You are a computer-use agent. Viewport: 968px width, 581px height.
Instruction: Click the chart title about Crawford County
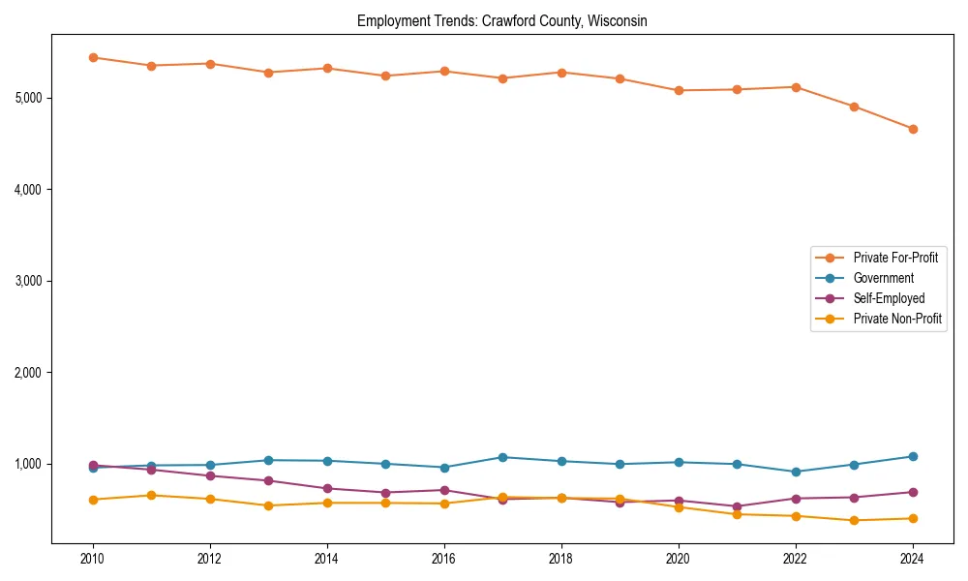pyautogui.click(x=501, y=20)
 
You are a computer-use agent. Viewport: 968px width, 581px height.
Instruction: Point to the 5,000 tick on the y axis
pyautogui.click(x=28, y=98)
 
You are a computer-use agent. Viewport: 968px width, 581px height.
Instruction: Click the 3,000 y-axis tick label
pyautogui.click(x=28, y=281)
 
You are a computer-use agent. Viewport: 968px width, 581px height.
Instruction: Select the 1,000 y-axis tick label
pyautogui.click(x=28, y=464)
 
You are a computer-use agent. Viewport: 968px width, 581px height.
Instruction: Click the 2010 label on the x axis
pyautogui.click(x=93, y=559)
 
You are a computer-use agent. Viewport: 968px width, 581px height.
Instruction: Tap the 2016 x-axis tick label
pyautogui.click(x=444, y=559)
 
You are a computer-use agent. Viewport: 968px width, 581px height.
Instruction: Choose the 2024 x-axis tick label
pyautogui.click(x=913, y=559)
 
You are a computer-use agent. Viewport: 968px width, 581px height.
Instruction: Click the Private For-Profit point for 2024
pyautogui.click(x=913, y=129)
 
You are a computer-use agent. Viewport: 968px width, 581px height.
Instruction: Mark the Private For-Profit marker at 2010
pyautogui.click(x=93, y=57)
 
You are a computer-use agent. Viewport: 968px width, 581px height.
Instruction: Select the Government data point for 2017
pyautogui.click(x=502, y=457)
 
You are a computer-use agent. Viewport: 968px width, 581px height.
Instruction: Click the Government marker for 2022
pyautogui.click(x=796, y=472)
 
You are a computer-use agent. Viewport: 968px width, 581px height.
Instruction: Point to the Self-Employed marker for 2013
pyautogui.click(x=268, y=480)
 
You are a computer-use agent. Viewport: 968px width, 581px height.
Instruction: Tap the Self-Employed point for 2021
pyautogui.click(x=737, y=506)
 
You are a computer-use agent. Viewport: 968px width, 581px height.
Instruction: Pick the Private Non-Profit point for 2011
pyautogui.click(x=151, y=495)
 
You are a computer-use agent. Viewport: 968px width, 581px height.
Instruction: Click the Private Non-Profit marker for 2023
pyautogui.click(x=854, y=520)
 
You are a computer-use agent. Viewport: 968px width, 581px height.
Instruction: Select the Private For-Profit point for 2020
pyautogui.click(x=679, y=90)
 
